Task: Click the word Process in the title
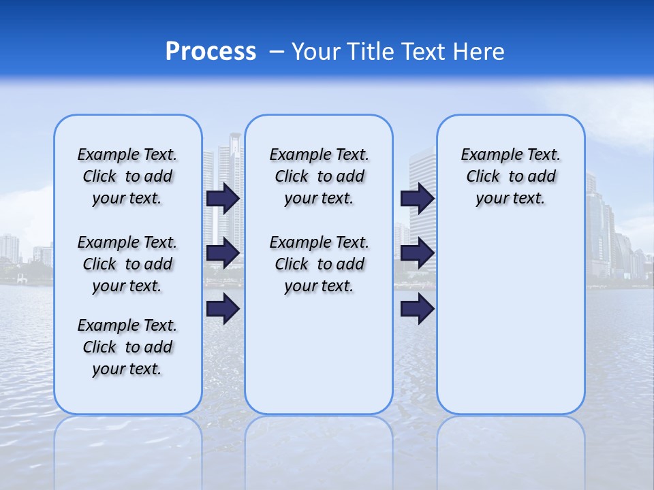[x=211, y=51]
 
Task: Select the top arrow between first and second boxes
[x=223, y=198]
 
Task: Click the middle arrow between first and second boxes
[x=223, y=253]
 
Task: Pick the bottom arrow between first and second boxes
[x=223, y=309]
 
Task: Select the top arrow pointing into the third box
[x=417, y=198]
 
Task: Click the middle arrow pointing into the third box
[x=417, y=253]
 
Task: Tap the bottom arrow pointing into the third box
[x=417, y=309]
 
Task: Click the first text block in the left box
[x=127, y=176]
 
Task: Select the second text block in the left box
[x=127, y=264]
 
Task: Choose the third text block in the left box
[x=127, y=347]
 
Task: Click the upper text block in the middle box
[x=319, y=176]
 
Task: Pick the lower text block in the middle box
[x=319, y=264]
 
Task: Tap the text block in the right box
[x=510, y=176]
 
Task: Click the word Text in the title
[x=422, y=51]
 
